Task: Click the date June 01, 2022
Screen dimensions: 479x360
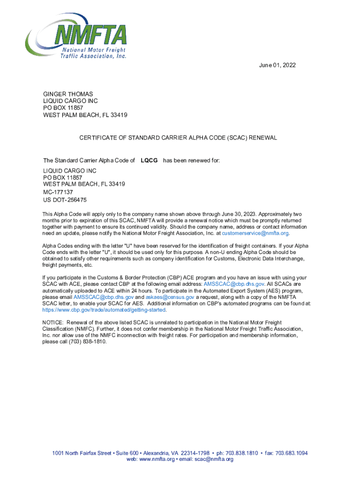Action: (277, 65)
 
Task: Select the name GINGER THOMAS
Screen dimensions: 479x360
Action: (68, 94)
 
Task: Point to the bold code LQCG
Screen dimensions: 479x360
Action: (149, 161)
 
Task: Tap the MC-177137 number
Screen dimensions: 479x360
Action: (58, 192)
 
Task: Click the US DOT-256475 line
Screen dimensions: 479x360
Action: (65, 200)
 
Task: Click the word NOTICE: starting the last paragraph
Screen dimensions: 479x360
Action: (53, 323)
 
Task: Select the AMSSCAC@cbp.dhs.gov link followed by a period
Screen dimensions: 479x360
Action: (234, 284)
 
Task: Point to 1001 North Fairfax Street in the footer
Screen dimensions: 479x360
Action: (82, 453)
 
